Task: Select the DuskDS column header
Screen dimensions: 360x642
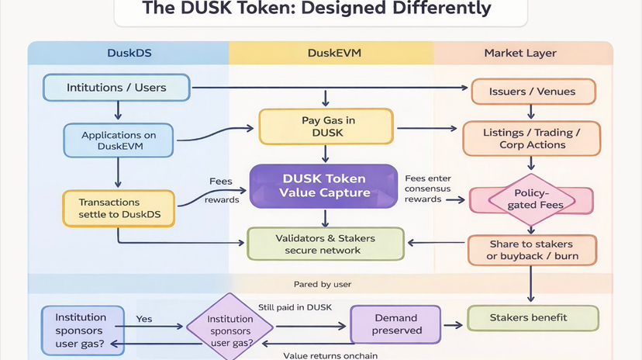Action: coord(129,54)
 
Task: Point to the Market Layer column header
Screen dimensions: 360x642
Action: coord(520,54)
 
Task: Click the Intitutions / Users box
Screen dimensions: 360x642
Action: coord(116,88)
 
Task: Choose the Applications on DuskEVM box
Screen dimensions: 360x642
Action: coord(119,140)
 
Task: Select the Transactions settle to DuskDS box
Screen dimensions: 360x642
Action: coord(119,208)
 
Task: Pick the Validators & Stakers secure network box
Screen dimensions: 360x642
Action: coord(325,244)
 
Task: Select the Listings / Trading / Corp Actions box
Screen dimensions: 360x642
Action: coord(532,139)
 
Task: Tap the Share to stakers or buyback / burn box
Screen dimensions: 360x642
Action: coord(533,250)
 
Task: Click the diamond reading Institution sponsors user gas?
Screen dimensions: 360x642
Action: coord(230,326)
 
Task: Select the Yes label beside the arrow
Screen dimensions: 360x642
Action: coord(144,319)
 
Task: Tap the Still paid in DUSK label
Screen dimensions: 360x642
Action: coord(296,307)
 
